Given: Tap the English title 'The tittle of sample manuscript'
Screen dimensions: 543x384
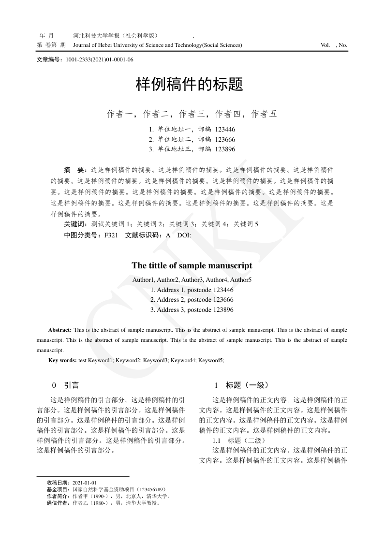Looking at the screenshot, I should click(192, 265).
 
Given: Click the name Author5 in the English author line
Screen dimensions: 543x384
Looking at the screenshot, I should click(241, 280).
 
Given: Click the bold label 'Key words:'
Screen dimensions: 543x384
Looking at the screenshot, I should click(62, 360).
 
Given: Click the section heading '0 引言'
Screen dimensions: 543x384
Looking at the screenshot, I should click(66, 385).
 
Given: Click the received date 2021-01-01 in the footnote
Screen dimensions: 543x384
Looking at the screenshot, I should click(85, 483).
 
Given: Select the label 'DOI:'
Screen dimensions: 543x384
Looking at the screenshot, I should click(184, 235).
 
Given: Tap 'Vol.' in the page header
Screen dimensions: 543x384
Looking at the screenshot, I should click(325, 45).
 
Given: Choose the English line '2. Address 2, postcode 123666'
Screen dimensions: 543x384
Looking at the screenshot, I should click(192, 300).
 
